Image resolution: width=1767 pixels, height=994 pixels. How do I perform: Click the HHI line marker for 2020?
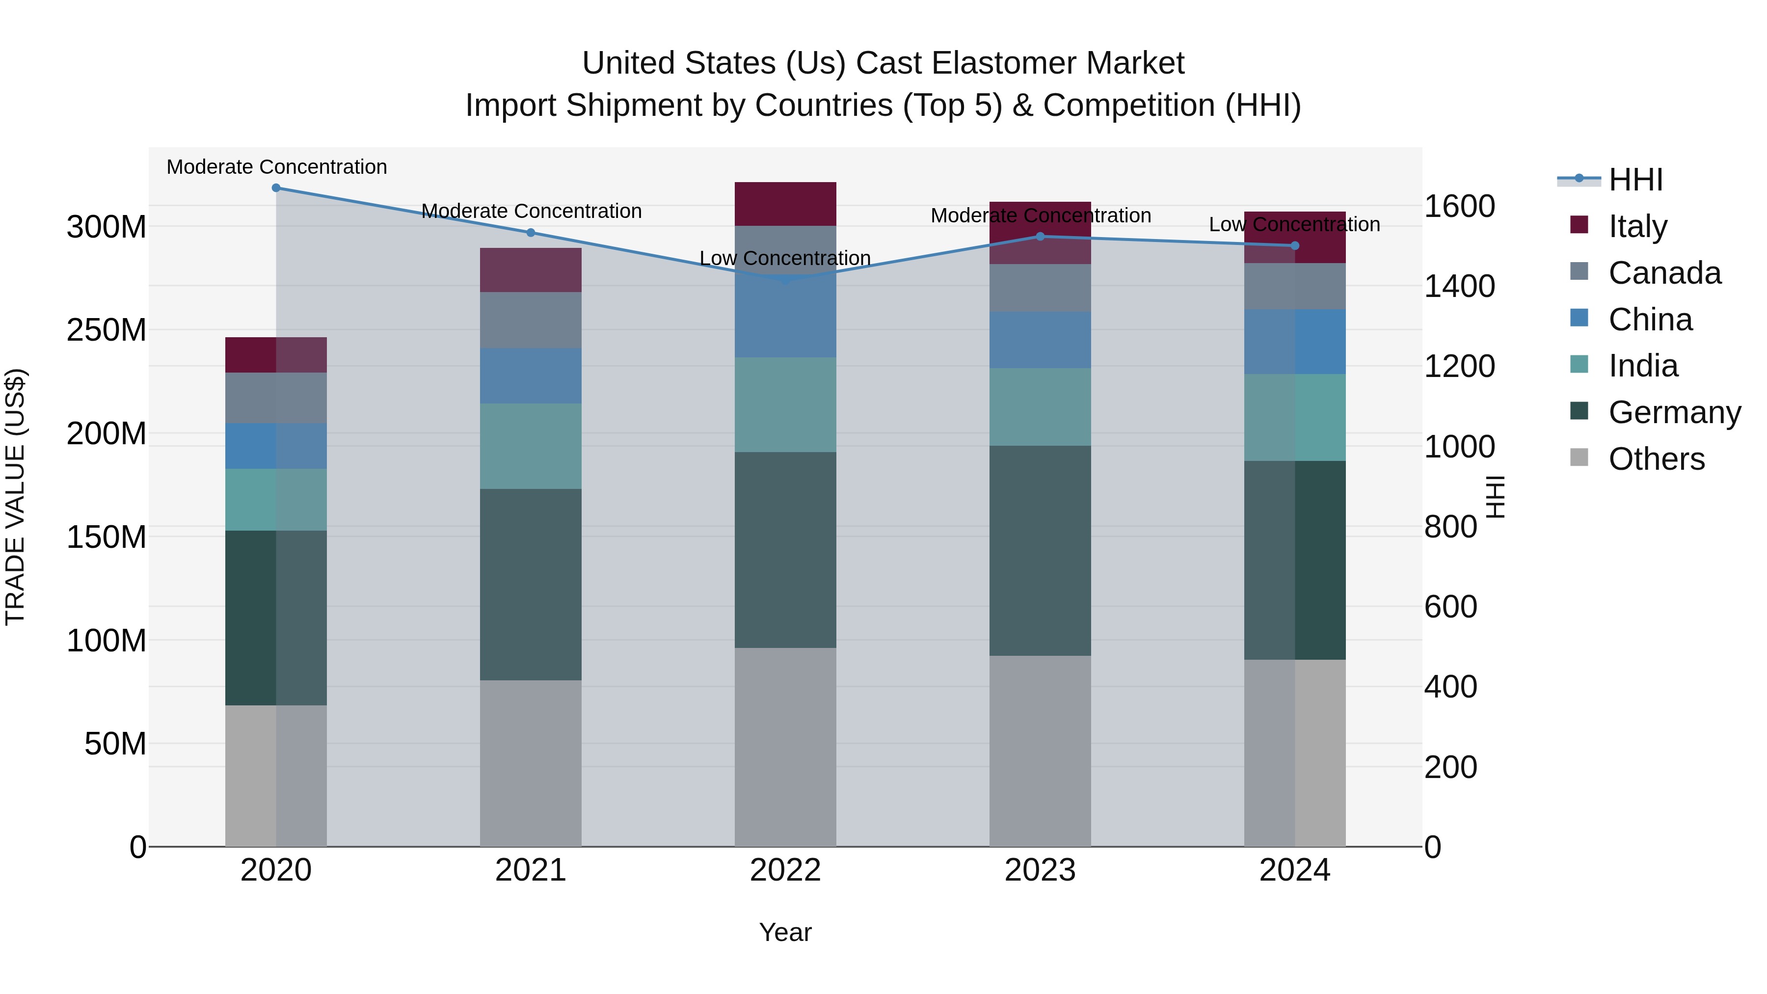click(x=276, y=188)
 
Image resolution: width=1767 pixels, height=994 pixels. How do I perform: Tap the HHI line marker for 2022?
click(x=785, y=280)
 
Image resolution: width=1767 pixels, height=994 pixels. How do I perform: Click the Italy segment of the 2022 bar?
click(x=785, y=204)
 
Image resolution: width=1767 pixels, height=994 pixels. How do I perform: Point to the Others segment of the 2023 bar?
click(x=1040, y=751)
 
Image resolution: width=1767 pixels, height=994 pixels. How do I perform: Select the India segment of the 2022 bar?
click(x=785, y=405)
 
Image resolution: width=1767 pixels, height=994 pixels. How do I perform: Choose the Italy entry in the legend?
click(x=1637, y=226)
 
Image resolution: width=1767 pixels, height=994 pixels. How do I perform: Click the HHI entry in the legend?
click(x=1635, y=180)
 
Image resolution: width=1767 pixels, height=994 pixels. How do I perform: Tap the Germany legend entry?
click(x=1674, y=412)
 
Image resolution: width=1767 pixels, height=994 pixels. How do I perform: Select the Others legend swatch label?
click(x=1656, y=459)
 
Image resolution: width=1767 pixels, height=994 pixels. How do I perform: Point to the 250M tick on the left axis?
click(x=107, y=330)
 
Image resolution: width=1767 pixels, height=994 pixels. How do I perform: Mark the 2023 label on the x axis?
click(x=1040, y=870)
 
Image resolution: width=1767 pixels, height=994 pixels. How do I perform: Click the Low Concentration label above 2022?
click(x=785, y=259)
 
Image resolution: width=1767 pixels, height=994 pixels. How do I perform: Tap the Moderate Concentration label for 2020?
click(x=276, y=167)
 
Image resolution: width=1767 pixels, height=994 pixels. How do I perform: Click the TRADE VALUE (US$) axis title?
click(x=15, y=497)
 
